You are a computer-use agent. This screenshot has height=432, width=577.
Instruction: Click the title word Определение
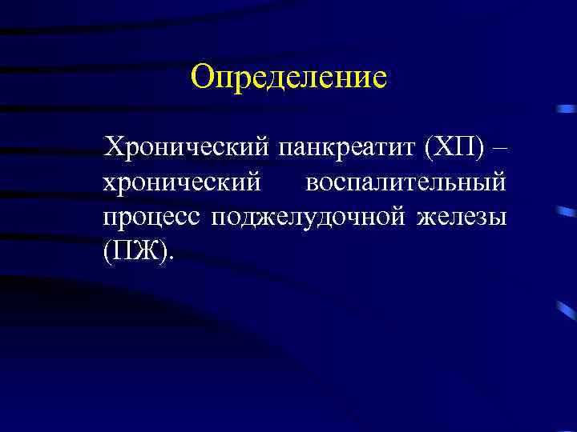288,78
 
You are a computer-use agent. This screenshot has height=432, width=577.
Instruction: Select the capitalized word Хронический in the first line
188,148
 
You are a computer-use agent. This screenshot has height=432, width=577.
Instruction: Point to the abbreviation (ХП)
454,148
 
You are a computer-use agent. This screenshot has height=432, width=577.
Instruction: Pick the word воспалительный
406,182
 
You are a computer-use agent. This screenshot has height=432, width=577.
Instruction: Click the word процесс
152,217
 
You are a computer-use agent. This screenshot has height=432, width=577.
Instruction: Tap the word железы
462,217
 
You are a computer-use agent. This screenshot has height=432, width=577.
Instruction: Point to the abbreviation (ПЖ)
135,251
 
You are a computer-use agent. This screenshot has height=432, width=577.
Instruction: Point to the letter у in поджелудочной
319,218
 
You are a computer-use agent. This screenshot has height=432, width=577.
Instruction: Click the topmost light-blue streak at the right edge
566,110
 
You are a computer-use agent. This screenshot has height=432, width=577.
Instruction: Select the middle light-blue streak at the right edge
566,214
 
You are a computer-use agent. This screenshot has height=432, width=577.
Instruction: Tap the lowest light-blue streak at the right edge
566,307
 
